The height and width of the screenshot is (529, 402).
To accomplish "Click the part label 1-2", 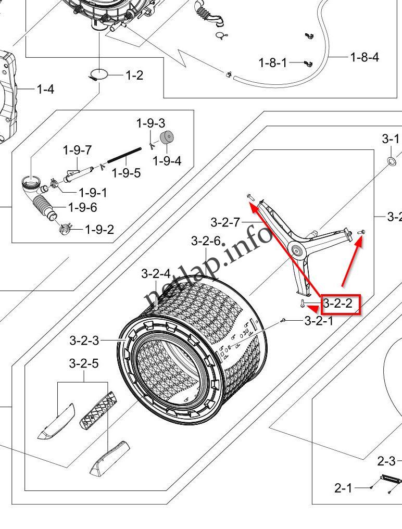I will tap(134, 75).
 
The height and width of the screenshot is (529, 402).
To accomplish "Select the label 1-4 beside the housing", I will tap(45, 90).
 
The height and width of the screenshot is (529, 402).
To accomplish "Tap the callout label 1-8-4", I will tap(364, 57).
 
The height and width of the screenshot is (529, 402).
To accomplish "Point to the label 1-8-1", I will tap(273, 63).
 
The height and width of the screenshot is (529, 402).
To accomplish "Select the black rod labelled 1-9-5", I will tap(124, 155).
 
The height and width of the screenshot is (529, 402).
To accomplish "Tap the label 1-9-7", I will tap(77, 150).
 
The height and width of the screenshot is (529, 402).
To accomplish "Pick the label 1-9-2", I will tap(99, 229).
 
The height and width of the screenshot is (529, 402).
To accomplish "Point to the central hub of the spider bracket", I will tap(298, 251).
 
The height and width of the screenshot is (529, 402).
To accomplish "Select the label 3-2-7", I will tap(225, 222).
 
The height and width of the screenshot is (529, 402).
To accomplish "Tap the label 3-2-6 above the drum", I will tap(206, 241).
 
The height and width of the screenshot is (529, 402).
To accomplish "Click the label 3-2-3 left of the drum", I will tap(84, 341).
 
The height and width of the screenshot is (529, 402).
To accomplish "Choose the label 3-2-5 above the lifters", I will tap(84, 363).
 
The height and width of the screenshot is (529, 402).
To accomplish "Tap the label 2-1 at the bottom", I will tap(343, 488).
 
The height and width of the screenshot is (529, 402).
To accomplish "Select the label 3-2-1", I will tap(319, 320).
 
